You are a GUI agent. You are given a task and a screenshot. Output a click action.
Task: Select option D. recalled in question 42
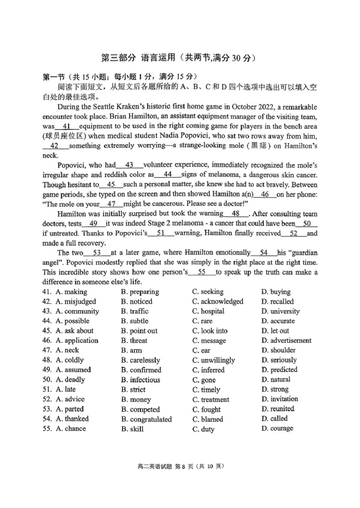point(277,302)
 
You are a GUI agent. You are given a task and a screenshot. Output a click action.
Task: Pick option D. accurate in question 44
point(278,321)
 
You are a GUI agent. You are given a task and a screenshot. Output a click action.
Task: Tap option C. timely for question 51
point(206,390)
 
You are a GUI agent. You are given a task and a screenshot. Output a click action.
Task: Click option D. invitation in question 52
point(279,399)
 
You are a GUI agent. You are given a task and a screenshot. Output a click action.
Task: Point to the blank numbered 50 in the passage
point(307,223)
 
